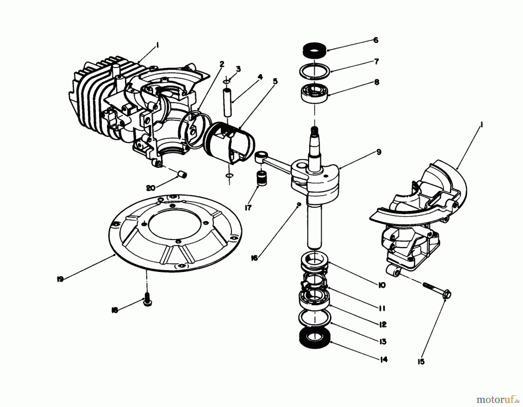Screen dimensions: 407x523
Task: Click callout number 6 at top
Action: [x=376, y=40]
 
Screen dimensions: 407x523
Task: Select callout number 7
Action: [x=376, y=62]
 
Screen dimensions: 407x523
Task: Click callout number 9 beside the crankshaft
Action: [x=379, y=152]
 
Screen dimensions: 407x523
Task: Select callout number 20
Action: [x=151, y=188]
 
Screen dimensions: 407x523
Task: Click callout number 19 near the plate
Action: [x=60, y=279]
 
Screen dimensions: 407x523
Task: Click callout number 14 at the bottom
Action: [x=384, y=360]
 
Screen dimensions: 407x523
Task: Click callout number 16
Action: [x=255, y=258]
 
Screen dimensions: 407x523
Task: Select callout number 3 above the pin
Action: [x=238, y=69]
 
